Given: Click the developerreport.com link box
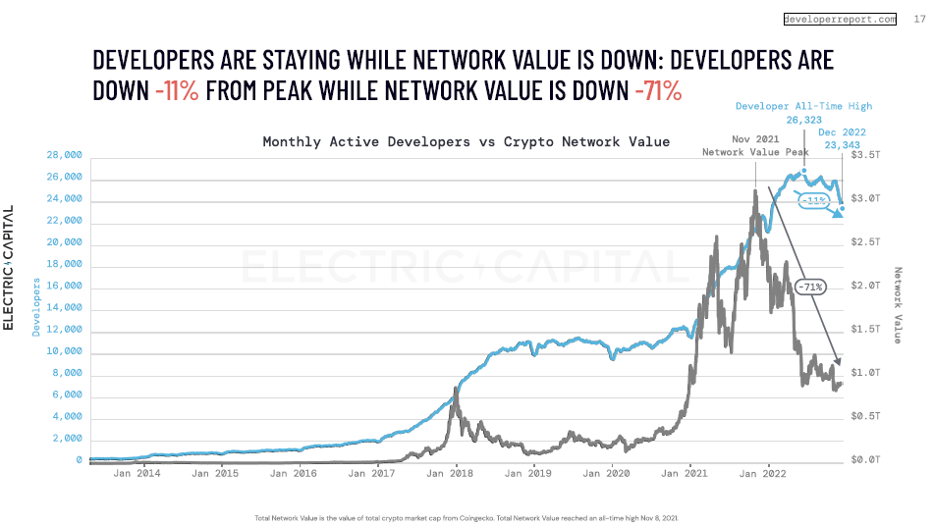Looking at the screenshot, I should (840, 19).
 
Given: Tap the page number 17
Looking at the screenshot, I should (919, 19).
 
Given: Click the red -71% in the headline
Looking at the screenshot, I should (658, 91).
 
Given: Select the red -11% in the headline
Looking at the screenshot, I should (177, 91).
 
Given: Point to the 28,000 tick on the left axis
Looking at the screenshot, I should (63, 156).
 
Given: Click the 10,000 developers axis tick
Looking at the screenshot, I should (63, 353).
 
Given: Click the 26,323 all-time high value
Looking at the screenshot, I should (803, 120).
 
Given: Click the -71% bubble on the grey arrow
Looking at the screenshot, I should (810, 287).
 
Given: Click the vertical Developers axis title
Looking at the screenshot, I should (36, 306).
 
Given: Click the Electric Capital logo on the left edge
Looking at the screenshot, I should (9, 267).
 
